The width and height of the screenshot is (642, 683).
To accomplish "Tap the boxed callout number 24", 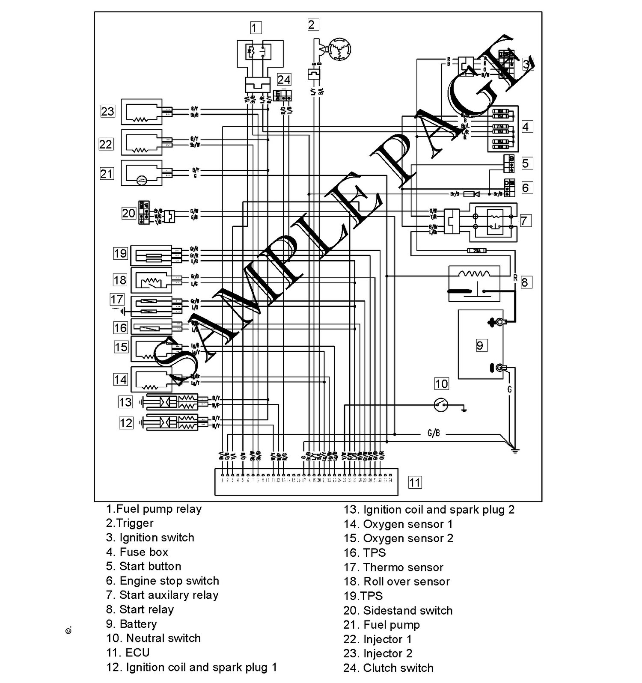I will tap(284, 80).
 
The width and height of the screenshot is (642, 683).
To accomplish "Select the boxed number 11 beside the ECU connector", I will tap(414, 482).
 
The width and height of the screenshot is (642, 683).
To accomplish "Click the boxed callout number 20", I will tap(128, 213).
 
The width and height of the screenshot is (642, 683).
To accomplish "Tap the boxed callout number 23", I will tap(107, 111).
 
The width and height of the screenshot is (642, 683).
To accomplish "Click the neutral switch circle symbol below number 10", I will tap(441, 404).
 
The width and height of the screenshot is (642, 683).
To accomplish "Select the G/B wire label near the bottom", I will tap(434, 434).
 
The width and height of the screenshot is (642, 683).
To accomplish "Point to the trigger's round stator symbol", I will tap(339, 49).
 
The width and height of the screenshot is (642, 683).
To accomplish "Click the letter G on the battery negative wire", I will tap(509, 389).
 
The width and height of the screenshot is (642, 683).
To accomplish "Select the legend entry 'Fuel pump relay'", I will tap(154, 509).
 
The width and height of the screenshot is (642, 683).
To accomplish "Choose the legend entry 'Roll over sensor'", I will tap(397, 582).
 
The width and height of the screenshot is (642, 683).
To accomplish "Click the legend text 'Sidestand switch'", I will tap(398, 610).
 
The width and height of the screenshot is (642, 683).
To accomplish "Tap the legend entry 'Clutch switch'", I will tap(389, 668).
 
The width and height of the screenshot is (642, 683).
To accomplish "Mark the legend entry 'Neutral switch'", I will tap(154, 638).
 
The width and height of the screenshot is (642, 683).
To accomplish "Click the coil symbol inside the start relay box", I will tap(474, 274).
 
